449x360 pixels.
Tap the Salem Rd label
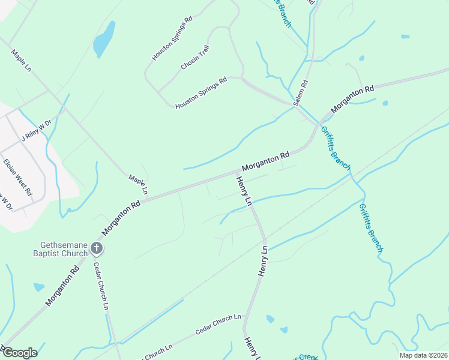point(301,94)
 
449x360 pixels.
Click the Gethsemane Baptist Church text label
point(64,249)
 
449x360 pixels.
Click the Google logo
point(19,352)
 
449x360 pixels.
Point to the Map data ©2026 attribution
point(423,355)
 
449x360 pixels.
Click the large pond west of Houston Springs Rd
point(104,40)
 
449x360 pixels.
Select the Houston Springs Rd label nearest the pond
point(172,38)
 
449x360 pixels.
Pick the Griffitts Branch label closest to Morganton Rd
point(334,148)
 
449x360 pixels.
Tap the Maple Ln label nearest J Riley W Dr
point(20,61)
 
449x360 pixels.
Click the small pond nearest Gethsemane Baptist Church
point(39,287)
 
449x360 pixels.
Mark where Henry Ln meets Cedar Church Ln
point(244,328)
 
